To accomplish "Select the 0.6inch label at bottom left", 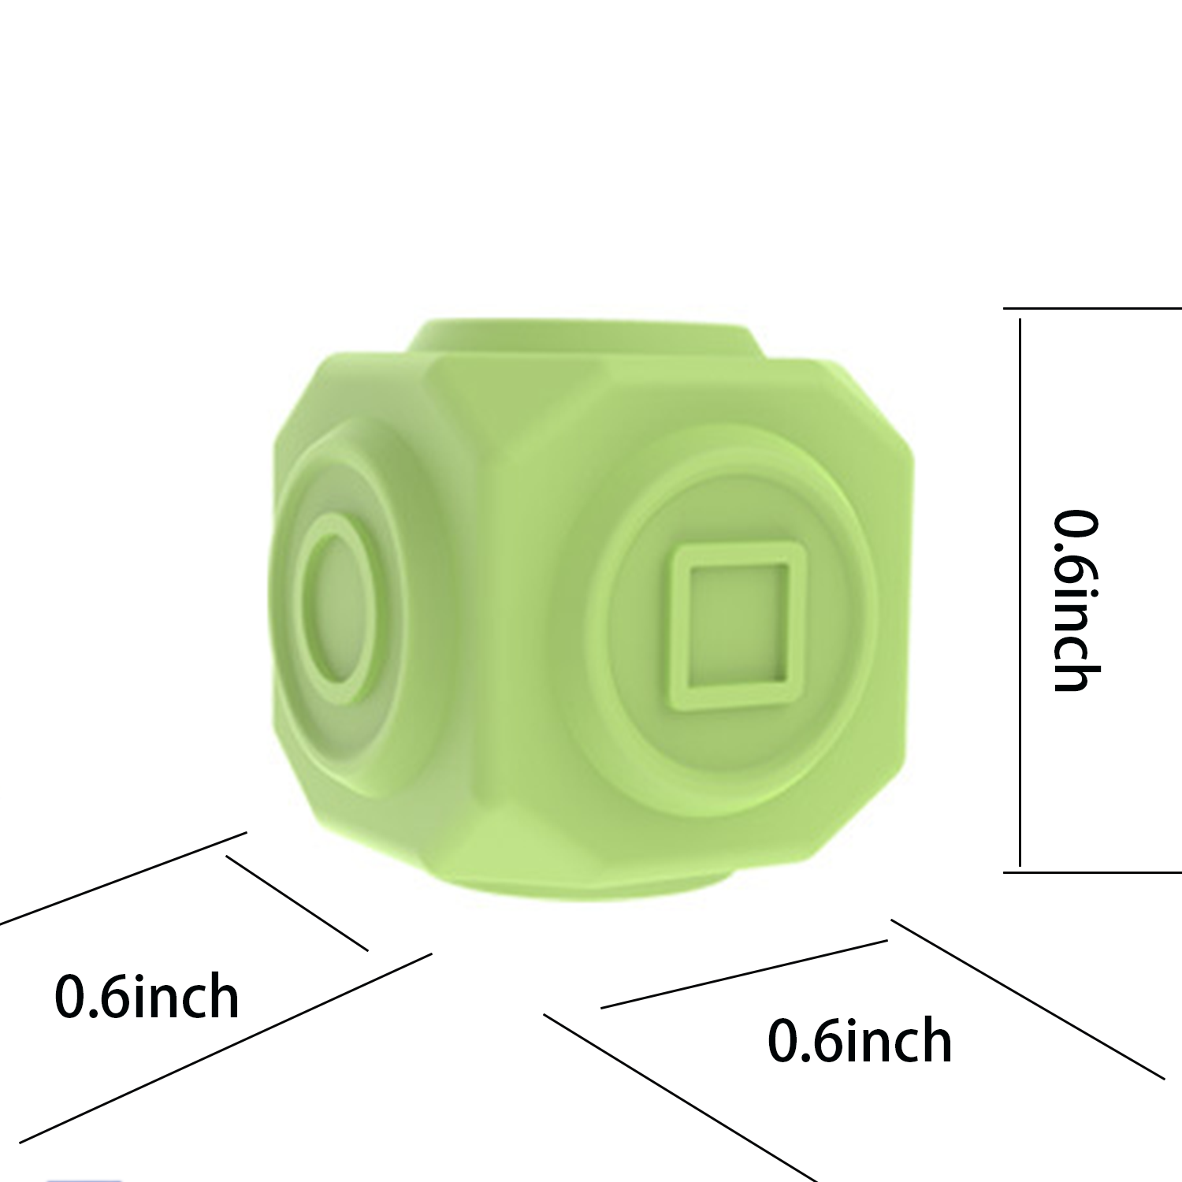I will coord(147,997).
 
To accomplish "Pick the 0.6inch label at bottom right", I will coord(860,1040).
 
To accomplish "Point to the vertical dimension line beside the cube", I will coord(1020,591).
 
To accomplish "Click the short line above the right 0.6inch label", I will coord(745,974).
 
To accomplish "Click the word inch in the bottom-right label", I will coord(894,1040).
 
